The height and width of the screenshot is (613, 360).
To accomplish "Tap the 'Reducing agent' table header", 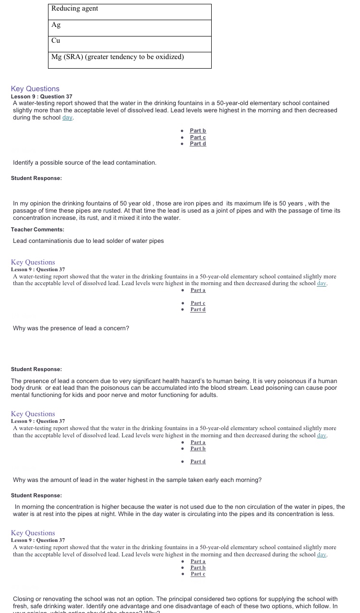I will coord(74,9).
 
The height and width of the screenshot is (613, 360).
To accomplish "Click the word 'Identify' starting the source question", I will coord(24,163).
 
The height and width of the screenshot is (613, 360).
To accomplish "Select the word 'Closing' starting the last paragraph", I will coord(24,599).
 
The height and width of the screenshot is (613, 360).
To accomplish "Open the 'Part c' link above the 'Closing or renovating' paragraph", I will coord(198,574).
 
